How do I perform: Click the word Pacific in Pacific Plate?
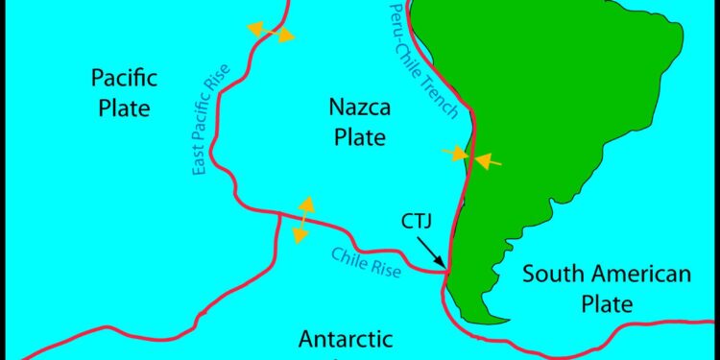click(x=125, y=78)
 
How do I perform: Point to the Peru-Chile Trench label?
click(x=425, y=60)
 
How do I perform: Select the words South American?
click(x=606, y=276)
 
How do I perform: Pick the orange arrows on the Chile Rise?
click(x=304, y=219)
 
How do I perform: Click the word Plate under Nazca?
click(x=360, y=137)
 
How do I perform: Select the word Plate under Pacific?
click(x=125, y=108)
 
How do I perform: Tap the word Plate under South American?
click(x=606, y=305)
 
